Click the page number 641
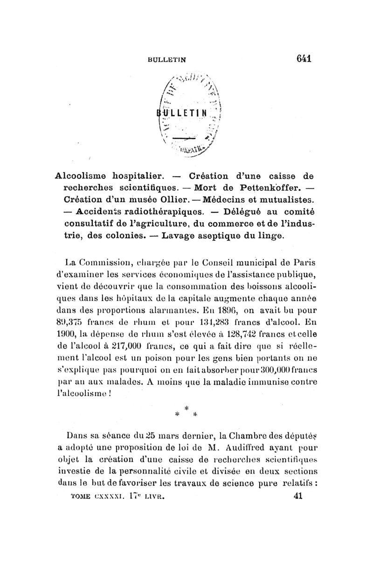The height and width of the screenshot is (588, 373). tap(303, 59)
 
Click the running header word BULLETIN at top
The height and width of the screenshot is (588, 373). tap(166, 59)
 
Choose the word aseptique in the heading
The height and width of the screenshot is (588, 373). tap(211, 236)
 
